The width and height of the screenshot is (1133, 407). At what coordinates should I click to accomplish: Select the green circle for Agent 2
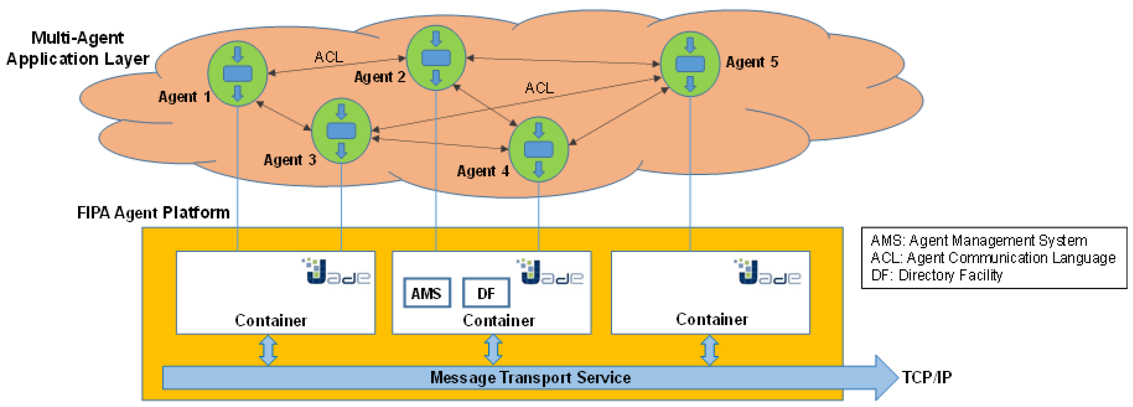436,58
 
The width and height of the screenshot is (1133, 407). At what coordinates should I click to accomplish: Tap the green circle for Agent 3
341,131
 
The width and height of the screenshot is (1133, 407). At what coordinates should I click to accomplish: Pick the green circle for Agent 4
538,149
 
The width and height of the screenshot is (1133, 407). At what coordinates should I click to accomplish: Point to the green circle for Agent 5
690,64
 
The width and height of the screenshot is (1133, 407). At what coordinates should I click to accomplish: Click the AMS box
427,293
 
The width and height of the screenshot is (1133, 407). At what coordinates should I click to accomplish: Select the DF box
486,293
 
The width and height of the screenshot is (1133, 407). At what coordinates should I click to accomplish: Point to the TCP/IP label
927,377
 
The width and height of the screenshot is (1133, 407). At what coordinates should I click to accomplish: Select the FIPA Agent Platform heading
153,212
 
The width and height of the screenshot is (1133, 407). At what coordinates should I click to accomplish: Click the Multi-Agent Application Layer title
78,48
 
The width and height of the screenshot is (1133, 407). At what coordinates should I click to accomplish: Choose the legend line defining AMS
979,240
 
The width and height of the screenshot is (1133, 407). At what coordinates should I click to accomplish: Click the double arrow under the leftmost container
268,350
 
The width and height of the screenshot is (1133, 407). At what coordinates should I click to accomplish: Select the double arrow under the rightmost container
710,350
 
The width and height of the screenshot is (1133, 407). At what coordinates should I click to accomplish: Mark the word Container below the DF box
499,320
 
